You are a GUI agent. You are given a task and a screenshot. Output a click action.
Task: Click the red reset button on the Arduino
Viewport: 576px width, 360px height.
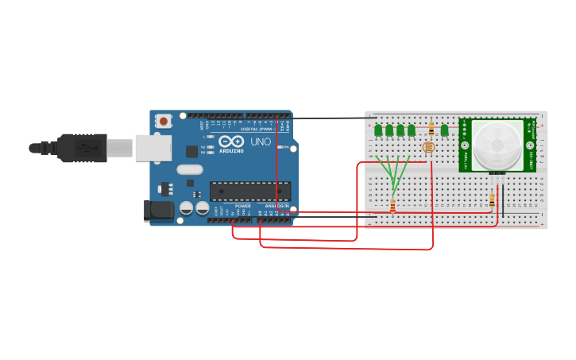163,122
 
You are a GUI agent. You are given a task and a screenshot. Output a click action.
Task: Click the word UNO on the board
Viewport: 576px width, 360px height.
261,142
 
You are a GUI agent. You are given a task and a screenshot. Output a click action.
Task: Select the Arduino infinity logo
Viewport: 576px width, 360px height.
231,141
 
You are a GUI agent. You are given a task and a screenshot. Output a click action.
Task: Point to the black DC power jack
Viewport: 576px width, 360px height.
158,210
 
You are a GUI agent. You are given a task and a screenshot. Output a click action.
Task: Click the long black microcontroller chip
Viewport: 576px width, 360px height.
249,191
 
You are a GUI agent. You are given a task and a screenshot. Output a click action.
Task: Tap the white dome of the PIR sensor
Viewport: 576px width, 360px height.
497,145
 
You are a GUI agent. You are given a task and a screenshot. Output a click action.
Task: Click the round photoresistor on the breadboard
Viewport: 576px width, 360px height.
429,147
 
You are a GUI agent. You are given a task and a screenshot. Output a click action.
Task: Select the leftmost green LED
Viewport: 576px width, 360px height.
378,130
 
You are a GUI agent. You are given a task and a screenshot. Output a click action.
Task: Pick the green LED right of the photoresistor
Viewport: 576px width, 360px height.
444,130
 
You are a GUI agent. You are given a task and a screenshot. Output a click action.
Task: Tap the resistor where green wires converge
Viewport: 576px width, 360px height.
392,206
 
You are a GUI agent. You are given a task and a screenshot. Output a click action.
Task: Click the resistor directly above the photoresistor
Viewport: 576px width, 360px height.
431,128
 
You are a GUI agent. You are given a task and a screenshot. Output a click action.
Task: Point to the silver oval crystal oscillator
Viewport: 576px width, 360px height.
190,169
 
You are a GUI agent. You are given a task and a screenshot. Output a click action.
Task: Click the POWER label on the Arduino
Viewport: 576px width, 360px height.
242,206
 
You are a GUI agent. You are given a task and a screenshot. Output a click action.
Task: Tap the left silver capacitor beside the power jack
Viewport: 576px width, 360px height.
187,207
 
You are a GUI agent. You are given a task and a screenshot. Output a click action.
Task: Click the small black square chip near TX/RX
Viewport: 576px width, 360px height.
191,151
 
